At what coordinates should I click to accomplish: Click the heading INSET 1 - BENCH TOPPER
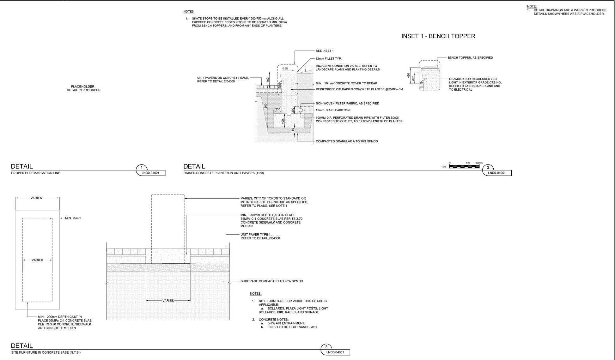pyautogui.click(x=438, y=36)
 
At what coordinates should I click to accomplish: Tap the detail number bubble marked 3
pyautogui.click(x=326, y=347)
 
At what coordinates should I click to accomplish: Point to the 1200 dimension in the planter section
pyautogui.click(x=266, y=106)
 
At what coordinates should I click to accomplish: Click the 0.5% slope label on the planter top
pyautogui.click(x=285, y=69)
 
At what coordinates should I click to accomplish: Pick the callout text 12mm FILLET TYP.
pyautogui.click(x=329, y=59)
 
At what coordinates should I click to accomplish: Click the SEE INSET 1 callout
pyautogui.click(x=325, y=51)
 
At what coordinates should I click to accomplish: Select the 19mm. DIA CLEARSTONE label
pyautogui.click(x=333, y=110)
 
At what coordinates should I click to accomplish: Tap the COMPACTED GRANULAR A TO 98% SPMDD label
pyautogui.click(x=347, y=141)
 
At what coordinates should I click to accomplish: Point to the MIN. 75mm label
pyautogui.click(x=73, y=218)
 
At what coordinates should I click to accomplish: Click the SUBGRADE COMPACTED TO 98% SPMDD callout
pyautogui.click(x=271, y=281)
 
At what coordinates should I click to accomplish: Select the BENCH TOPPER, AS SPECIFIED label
pyautogui.click(x=470, y=58)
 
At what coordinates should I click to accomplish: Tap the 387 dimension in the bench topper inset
pyautogui.click(x=413, y=78)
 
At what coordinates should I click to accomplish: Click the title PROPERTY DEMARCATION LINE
pyautogui.click(x=36, y=173)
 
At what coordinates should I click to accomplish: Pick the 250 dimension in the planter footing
pyautogui.click(x=277, y=110)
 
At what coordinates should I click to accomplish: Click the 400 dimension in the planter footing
pyautogui.click(x=283, y=121)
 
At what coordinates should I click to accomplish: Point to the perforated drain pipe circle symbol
pyautogui.click(x=301, y=110)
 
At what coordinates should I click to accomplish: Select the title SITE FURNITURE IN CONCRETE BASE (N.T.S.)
pyautogui.click(x=46, y=352)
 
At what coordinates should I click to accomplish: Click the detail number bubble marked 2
pyautogui.click(x=488, y=168)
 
